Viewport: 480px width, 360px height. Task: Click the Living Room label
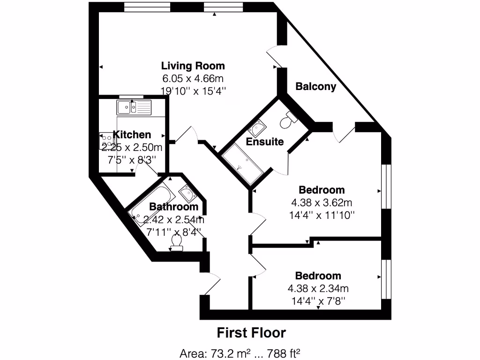tap(193, 66)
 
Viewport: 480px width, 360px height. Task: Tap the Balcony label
tap(315, 86)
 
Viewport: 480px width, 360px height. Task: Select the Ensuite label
tap(265, 141)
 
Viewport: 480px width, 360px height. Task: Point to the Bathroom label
tap(173, 207)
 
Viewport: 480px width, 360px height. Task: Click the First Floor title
tap(251, 333)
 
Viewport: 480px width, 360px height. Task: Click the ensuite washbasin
tap(257, 127)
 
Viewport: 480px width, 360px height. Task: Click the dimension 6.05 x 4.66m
tap(193, 78)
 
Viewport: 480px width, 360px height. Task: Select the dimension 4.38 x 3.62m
tap(322, 202)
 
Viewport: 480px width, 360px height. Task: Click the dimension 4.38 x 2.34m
tap(318, 288)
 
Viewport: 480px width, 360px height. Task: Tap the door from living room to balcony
tap(274, 57)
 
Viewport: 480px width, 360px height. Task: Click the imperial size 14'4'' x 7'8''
tap(318, 300)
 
